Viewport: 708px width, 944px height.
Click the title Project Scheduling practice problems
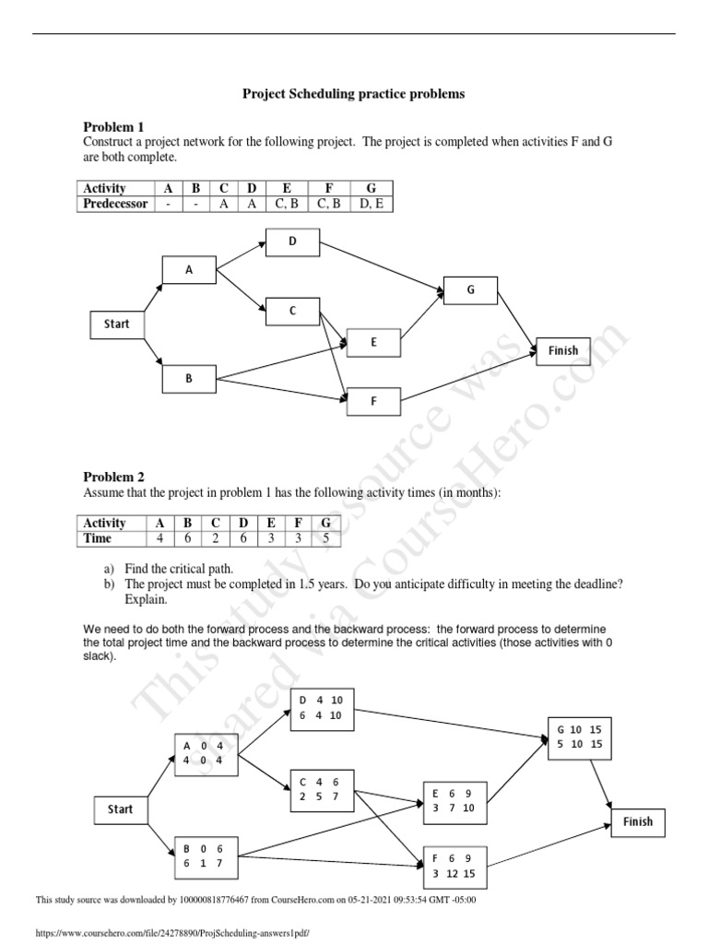pos(354,94)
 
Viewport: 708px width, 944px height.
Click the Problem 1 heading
pos(113,126)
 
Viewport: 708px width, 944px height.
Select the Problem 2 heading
pos(113,477)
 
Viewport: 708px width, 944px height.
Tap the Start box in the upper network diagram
pos(116,324)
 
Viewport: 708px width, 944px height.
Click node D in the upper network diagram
pos(292,242)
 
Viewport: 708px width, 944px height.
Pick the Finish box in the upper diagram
pos(563,350)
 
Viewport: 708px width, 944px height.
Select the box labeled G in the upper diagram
pos(470,289)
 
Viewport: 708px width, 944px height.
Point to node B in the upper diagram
pos(188,378)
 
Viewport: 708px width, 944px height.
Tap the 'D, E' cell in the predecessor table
pos(372,204)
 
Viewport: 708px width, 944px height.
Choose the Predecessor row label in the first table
pos(115,204)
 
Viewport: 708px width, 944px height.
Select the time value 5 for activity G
pos(324,538)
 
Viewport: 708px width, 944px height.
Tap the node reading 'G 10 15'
pos(579,736)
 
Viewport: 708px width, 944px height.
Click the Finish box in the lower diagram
pos(637,821)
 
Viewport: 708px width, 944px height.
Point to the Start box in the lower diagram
pos(121,809)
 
